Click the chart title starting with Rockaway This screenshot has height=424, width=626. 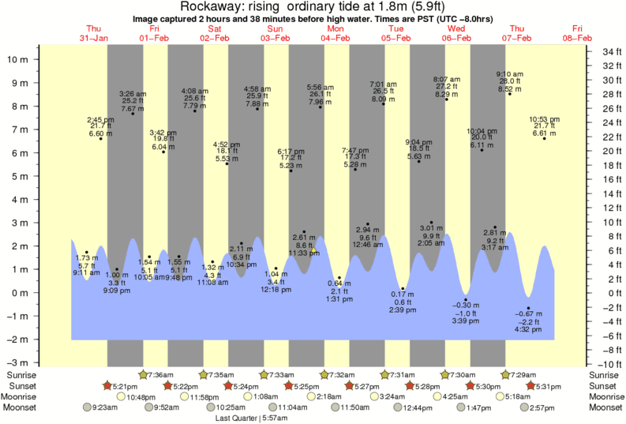(x=313, y=7)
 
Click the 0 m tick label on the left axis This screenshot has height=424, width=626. (x=25, y=293)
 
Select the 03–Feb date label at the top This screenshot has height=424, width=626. (x=275, y=37)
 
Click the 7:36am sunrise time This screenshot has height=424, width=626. (x=162, y=374)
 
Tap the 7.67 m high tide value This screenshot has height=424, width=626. (x=132, y=109)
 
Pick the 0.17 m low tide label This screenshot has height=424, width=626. (x=403, y=295)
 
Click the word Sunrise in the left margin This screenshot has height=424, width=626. (x=21, y=374)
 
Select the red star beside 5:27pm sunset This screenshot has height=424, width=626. (x=349, y=385)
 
